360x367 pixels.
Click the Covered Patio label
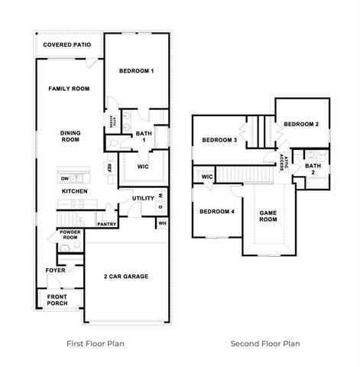coord(67,45)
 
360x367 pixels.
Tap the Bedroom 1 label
coord(137,71)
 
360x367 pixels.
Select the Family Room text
coord(69,89)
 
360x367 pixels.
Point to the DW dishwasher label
coord(65,179)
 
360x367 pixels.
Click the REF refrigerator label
coord(110,167)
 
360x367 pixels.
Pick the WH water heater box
coord(162,223)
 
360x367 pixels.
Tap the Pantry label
coord(107,224)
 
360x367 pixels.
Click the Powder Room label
coord(70,235)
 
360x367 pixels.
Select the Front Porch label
coord(57,300)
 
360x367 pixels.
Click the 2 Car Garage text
coord(126,276)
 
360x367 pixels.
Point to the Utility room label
coord(143,198)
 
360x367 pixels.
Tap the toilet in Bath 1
coord(112,144)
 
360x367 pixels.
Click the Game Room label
coord(268,216)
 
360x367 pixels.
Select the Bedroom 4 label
coord(217,212)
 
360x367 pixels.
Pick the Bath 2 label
coord(313,169)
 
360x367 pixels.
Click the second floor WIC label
coord(207,177)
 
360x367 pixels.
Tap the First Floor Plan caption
coord(96,343)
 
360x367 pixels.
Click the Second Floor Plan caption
coord(265,343)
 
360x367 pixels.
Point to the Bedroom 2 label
coord(301,124)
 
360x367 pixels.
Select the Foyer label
coord(55,270)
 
